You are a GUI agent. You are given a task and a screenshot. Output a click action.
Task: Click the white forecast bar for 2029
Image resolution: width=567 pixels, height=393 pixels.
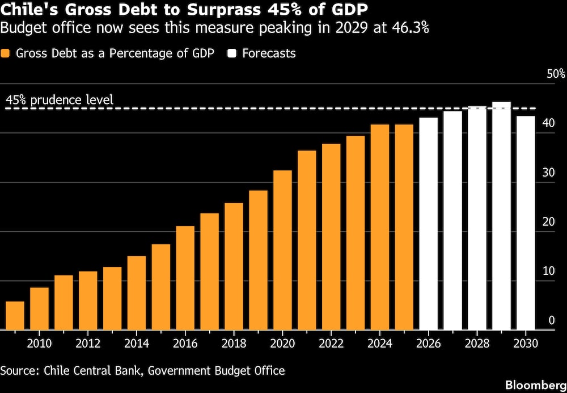click(x=501, y=216)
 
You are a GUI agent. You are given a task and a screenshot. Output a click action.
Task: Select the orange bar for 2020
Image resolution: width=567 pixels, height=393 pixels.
click(x=282, y=250)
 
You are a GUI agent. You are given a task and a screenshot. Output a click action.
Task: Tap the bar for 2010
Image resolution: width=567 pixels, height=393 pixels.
click(x=39, y=308)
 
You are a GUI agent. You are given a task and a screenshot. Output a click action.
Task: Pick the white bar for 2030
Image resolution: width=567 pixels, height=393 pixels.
click(x=526, y=223)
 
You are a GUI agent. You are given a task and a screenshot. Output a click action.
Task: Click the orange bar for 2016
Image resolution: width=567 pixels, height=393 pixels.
click(x=185, y=278)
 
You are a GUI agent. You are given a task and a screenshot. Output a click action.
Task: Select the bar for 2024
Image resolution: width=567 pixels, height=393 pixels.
click(x=380, y=227)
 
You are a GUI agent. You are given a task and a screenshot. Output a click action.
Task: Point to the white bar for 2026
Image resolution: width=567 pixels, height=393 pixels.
click(x=428, y=224)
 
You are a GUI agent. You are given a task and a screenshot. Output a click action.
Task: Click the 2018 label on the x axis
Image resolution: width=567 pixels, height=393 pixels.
click(x=234, y=344)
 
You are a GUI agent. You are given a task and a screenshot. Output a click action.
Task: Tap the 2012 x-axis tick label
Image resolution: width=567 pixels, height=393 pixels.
click(x=88, y=344)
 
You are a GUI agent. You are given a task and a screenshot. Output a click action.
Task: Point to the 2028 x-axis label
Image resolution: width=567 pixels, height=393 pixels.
click(x=477, y=344)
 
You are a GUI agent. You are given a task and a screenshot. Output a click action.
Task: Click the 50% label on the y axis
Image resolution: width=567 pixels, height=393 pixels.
click(x=556, y=74)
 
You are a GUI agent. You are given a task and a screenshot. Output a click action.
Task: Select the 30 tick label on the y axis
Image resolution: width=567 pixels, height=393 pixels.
click(x=549, y=173)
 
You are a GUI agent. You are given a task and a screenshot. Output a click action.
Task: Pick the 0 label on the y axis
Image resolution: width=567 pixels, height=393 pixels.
click(x=552, y=320)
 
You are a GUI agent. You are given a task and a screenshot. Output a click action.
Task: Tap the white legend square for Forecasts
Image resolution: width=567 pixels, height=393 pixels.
click(x=232, y=53)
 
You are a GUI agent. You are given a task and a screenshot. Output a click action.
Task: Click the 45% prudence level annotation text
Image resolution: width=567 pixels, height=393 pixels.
click(x=60, y=99)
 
